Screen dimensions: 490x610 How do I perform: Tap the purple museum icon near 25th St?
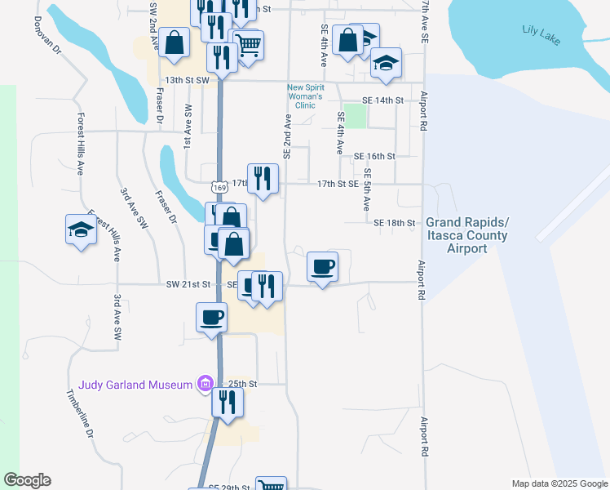point(204,384)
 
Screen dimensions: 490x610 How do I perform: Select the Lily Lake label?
point(541,35)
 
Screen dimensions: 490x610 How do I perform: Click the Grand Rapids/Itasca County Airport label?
point(466,236)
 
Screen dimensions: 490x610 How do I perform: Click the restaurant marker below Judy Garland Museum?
point(228,403)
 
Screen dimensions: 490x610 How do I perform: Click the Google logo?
point(27,480)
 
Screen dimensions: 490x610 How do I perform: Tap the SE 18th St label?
point(395,222)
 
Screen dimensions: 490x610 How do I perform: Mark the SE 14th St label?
point(382,100)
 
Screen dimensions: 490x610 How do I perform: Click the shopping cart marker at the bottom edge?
point(271,485)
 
